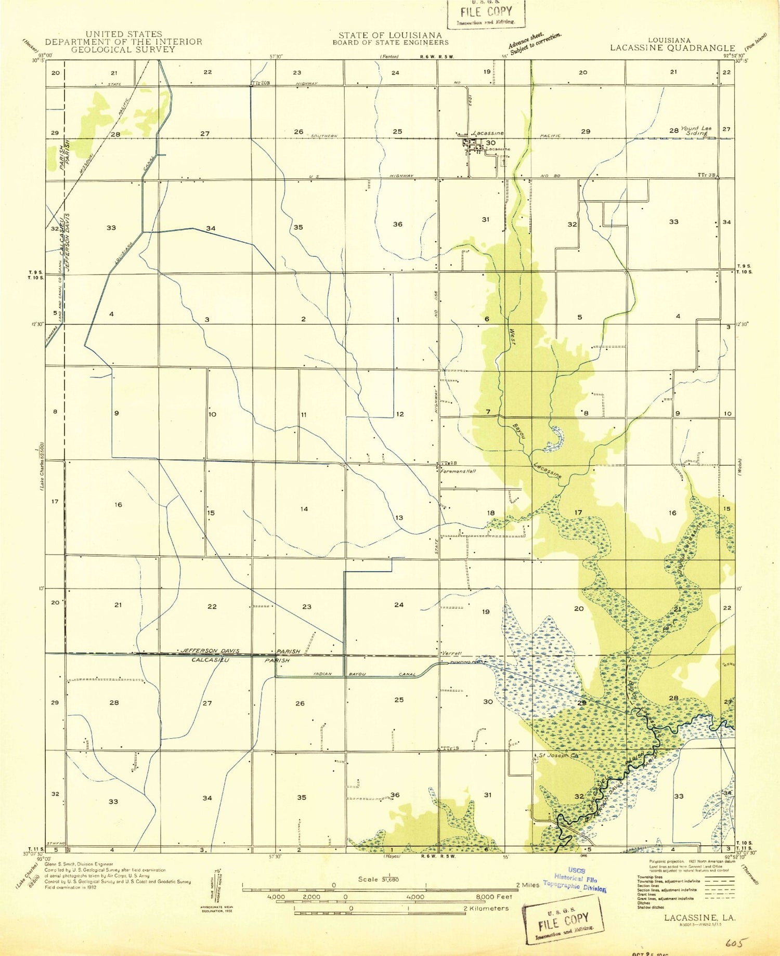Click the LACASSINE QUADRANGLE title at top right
click(672, 48)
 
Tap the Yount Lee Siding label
click(696, 130)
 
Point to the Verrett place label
click(451, 653)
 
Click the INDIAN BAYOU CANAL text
click(365, 674)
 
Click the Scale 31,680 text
click(378, 879)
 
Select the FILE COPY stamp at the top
click(486, 14)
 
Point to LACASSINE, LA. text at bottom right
click(699, 918)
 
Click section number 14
click(304, 509)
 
